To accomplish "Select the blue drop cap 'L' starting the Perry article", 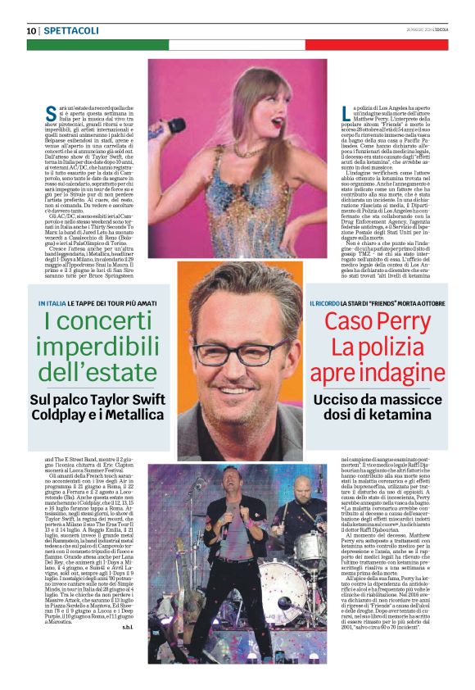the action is [x=314, y=113].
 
